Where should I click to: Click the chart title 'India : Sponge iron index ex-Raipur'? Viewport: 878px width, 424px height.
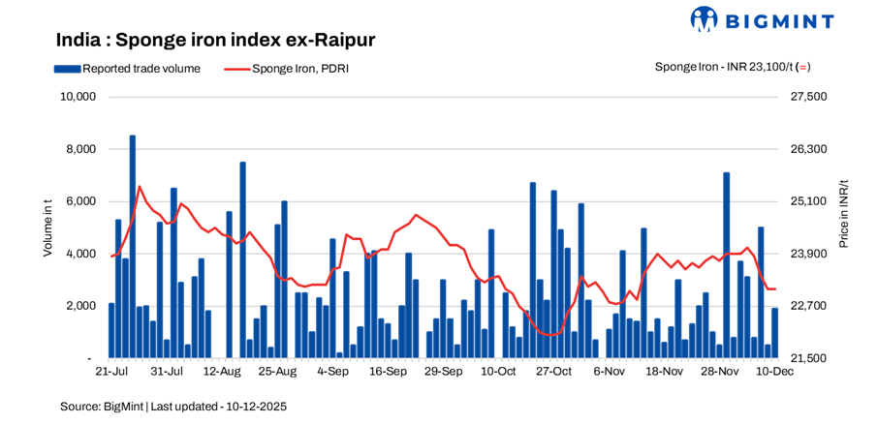[x=215, y=40]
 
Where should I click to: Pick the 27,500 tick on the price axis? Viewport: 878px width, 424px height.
[x=810, y=97]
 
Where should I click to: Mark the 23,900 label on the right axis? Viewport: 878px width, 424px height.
[x=810, y=254]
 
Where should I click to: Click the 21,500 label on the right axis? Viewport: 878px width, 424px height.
[x=810, y=358]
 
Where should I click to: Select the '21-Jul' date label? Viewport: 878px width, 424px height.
[x=111, y=371]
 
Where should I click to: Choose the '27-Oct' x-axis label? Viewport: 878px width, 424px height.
[x=553, y=371]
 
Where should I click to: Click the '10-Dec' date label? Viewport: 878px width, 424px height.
[x=774, y=371]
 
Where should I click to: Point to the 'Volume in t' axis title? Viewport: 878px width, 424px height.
[x=47, y=227]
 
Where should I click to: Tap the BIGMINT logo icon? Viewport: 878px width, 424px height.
[x=704, y=19]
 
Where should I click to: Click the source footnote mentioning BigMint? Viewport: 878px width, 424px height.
[x=173, y=407]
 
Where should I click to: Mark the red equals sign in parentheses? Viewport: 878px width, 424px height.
[x=804, y=67]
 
